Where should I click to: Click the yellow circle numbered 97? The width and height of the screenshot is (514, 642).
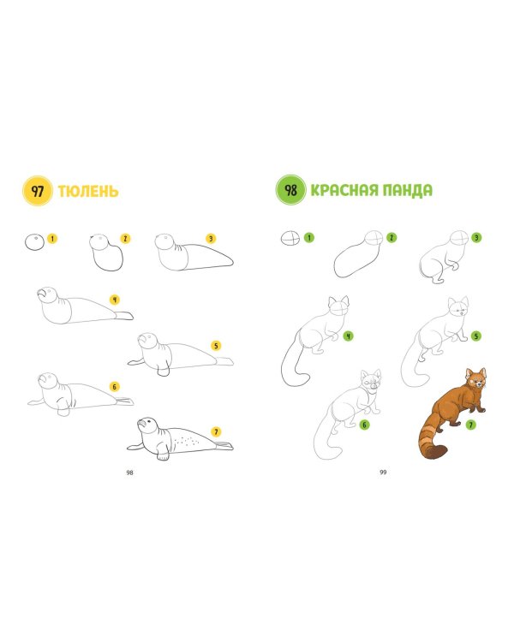pos(38,191)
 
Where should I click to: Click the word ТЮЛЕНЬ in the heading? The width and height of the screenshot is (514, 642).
pos(88,191)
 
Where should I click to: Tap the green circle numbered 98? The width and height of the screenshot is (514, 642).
pos(290,189)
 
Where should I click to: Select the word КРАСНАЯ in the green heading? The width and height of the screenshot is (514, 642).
pos(344,190)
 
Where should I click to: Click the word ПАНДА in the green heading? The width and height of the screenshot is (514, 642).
pos(407,190)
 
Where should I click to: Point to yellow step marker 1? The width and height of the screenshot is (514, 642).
pos(52,238)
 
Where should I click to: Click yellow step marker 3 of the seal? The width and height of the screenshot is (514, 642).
pos(211,239)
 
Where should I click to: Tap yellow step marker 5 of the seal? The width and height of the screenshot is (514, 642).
pos(216,346)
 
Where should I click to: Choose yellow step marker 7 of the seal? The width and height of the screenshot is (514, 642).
pos(216,431)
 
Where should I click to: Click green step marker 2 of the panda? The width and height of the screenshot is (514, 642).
pos(391,237)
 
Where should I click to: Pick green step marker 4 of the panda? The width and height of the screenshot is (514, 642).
pos(348,336)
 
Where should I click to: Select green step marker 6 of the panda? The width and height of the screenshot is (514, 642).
pos(364,425)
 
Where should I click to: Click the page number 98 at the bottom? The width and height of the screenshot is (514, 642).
pos(129,473)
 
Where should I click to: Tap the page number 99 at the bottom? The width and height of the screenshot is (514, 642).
pos(383,472)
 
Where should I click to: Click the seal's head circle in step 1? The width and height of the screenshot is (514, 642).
pos(34,242)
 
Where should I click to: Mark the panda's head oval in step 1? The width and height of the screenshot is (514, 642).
pos(290,238)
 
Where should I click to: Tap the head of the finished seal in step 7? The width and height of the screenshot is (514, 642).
pos(148,425)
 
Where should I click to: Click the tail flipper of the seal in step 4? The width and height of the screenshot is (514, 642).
pos(123,315)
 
